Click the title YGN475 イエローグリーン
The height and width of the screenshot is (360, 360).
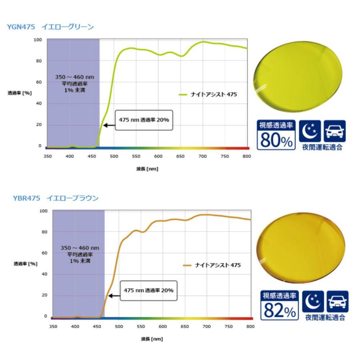[50, 27]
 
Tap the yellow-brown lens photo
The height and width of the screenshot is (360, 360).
[300, 250]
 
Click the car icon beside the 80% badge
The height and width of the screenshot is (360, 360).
[334, 131]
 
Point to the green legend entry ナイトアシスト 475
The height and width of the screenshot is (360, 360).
[208, 94]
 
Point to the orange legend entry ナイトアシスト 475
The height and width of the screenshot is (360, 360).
[212, 265]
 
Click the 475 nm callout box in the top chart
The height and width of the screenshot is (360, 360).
[144, 120]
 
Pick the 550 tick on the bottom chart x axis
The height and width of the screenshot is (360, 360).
[140, 326]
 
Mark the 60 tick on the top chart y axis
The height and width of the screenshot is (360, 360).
[39, 82]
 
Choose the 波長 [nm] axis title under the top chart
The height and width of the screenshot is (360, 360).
[147, 169]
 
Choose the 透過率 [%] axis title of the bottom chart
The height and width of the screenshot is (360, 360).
[25, 264]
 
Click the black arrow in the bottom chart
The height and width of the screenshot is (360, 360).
[115, 296]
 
